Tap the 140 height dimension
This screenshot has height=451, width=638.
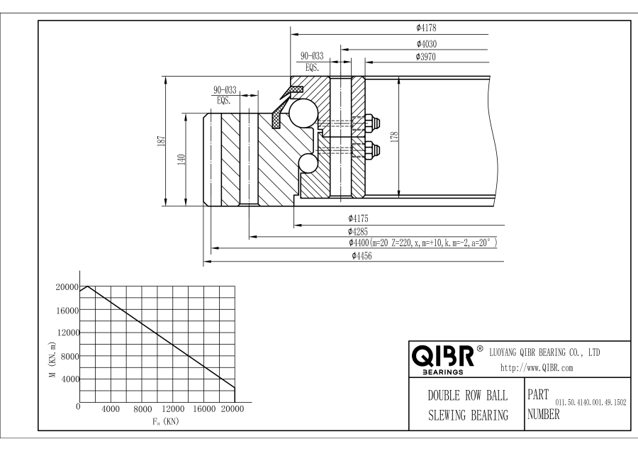(181, 160)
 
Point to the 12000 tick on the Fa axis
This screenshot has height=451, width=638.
(173, 409)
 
